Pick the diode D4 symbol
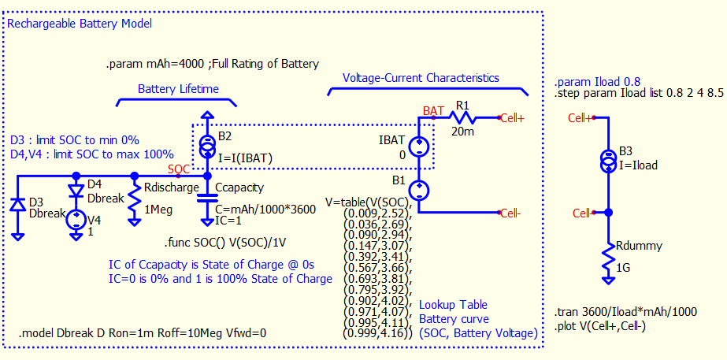pyautogui.click(x=76, y=191)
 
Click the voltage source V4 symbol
pyautogui.click(x=76, y=218)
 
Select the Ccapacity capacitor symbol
pyautogui.click(x=207, y=195)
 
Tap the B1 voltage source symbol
pyautogui.click(x=420, y=189)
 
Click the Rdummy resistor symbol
pyautogui.click(x=607, y=255)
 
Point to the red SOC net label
pyautogui.click(x=178, y=169)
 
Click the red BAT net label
pyautogui.click(x=432, y=109)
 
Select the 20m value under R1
pyautogui.click(x=462, y=132)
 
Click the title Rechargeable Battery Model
pyautogui.click(x=79, y=24)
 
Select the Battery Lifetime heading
pyautogui.click(x=178, y=89)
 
